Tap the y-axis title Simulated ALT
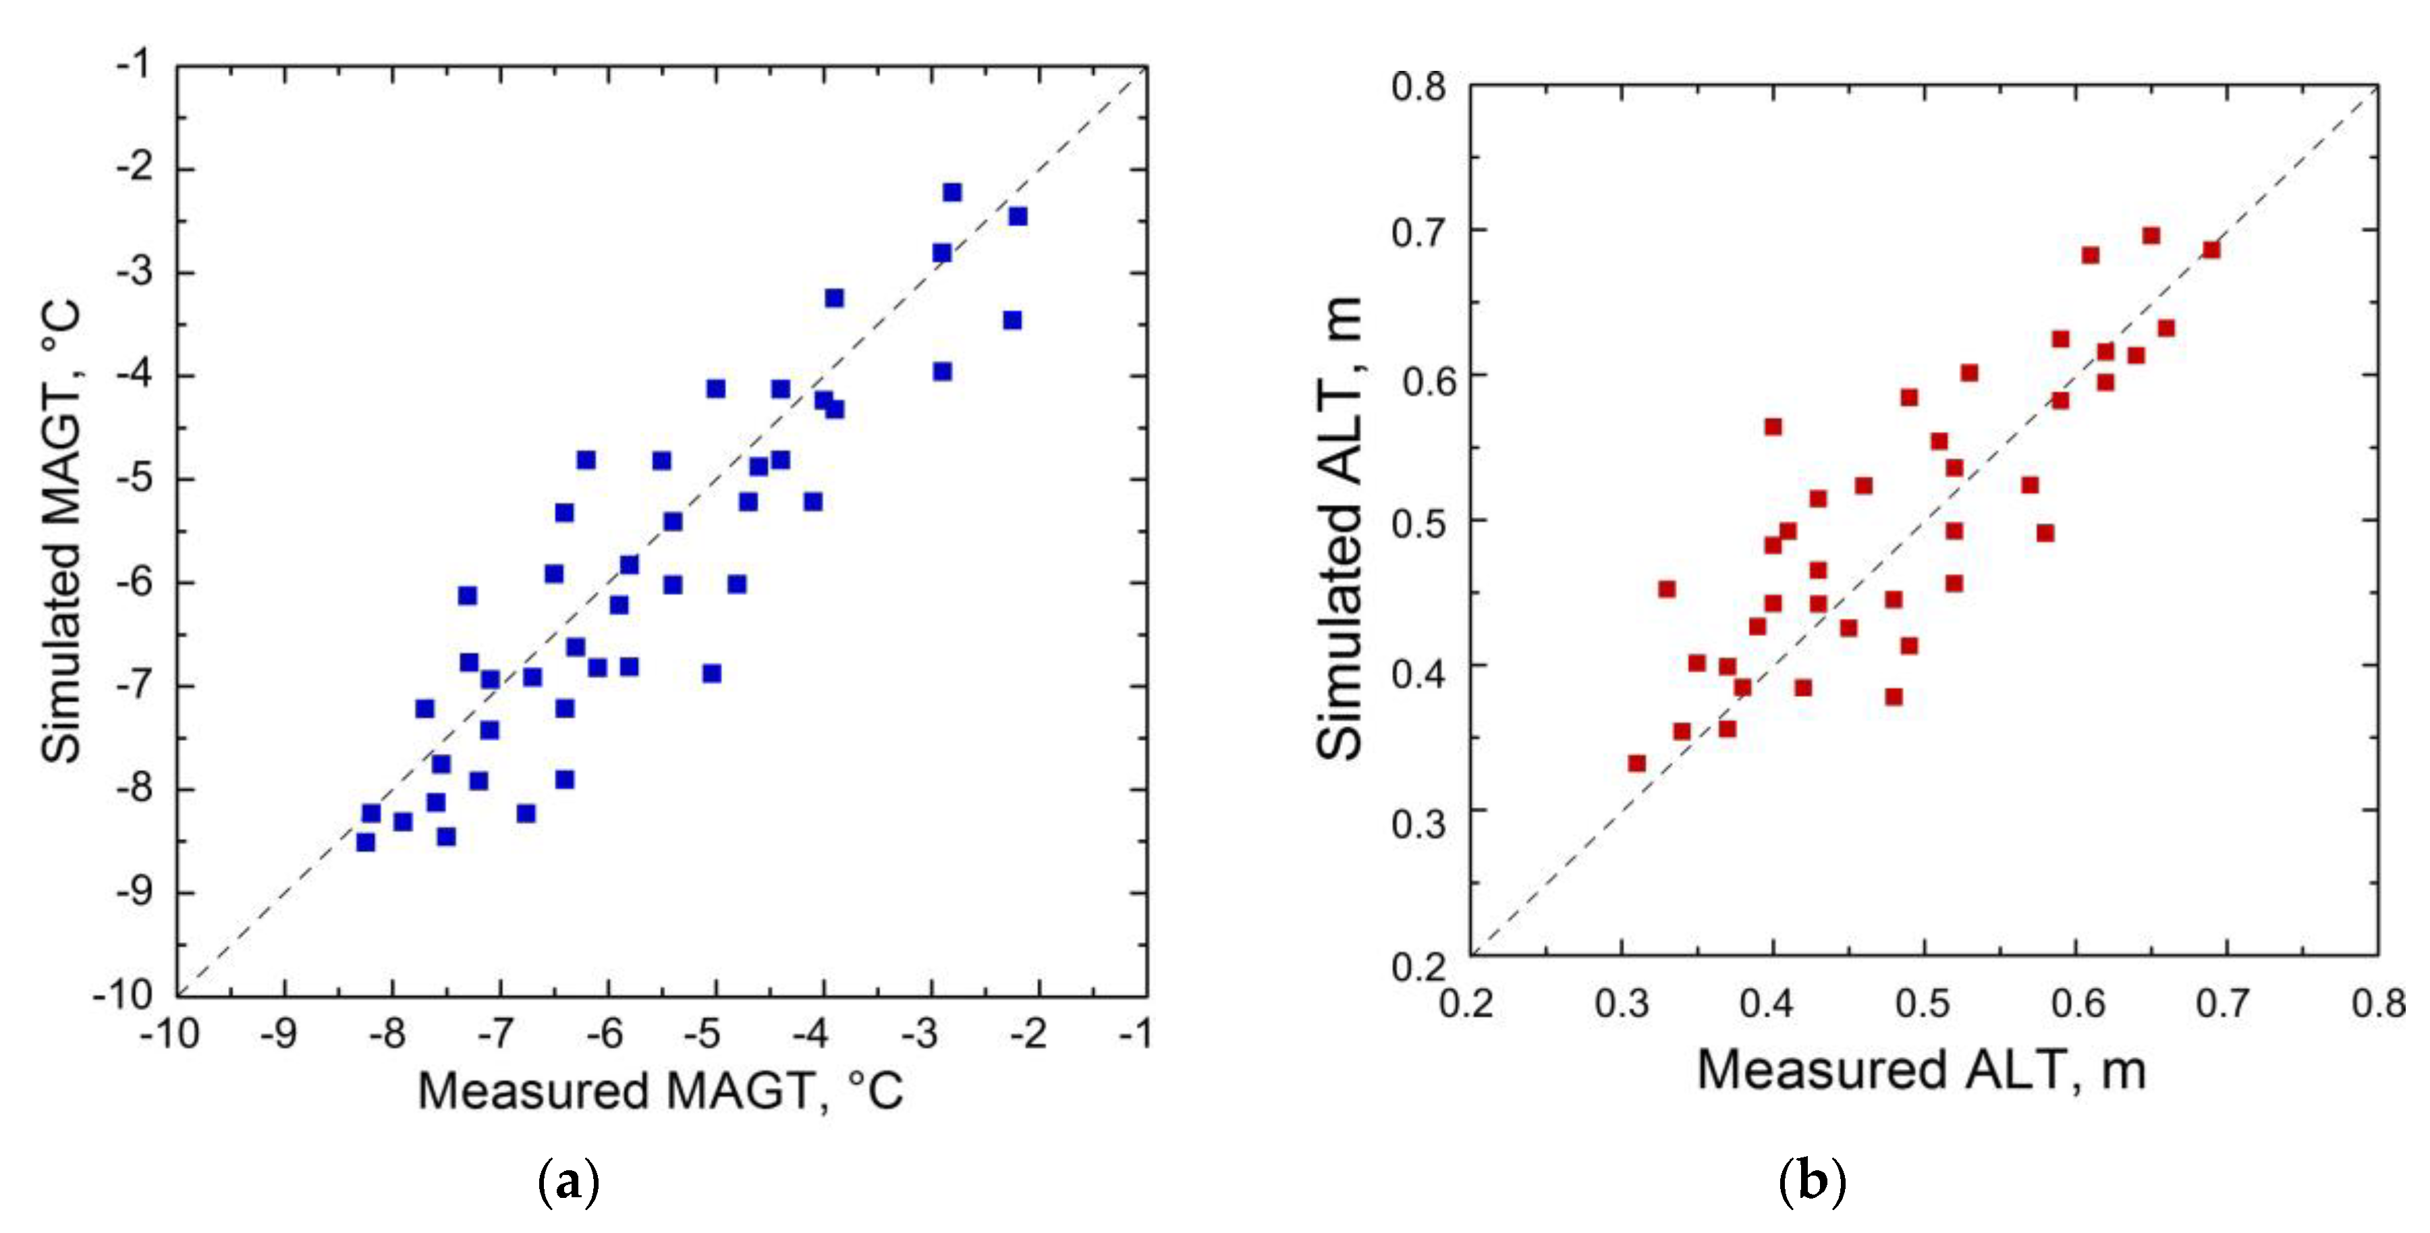point(1340,528)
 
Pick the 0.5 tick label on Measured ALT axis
point(1922,1003)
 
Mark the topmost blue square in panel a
point(951,192)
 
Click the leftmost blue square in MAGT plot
point(365,842)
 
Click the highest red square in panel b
point(2151,236)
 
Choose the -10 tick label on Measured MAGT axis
point(170,1034)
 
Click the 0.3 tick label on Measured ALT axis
point(1621,1003)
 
